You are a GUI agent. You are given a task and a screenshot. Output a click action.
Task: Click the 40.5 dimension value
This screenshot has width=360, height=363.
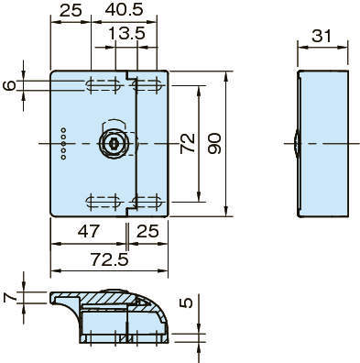125,10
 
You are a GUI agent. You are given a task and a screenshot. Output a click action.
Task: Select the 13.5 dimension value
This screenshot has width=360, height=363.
126,33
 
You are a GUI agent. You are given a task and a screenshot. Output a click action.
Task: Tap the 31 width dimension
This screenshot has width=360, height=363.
322,37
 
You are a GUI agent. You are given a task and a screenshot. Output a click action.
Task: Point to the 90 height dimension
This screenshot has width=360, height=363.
214,143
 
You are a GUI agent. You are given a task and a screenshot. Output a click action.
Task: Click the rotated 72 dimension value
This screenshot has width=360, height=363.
188,143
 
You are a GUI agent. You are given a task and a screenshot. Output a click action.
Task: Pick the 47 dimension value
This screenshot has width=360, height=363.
89,231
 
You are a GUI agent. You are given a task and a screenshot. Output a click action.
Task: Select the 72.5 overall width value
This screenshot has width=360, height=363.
110,259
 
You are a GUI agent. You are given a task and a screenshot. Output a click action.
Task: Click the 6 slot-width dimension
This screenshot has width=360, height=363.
9,85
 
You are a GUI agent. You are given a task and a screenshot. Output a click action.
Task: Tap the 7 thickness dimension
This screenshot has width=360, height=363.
9,297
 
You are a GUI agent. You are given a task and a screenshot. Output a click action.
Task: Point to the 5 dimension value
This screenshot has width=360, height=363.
186,302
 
